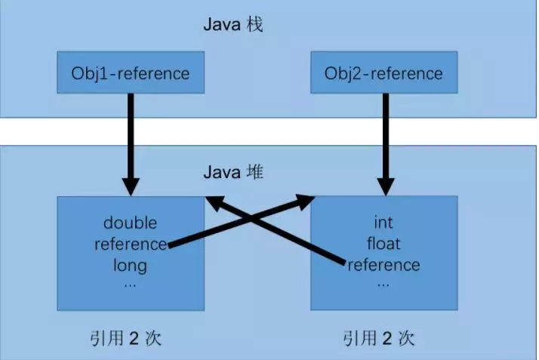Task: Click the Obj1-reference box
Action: (x=130, y=74)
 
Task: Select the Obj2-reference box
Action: (x=383, y=74)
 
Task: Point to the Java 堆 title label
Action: (x=233, y=171)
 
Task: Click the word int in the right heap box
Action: (x=383, y=223)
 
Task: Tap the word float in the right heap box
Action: (x=383, y=244)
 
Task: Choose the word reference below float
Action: (x=383, y=265)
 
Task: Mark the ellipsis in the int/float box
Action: (x=383, y=284)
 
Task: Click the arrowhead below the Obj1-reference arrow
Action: (x=131, y=185)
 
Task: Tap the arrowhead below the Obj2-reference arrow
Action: (x=386, y=185)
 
